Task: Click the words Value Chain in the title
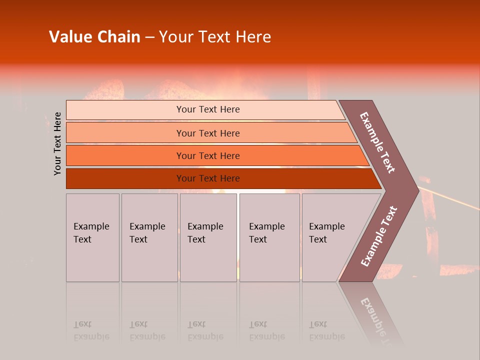click(x=94, y=37)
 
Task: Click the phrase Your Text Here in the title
click(x=215, y=37)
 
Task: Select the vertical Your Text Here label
click(x=57, y=143)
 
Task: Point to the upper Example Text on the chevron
click(x=377, y=142)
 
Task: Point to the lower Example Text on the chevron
click(x=379, y=236)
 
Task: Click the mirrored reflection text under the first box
click(x=91, y=330)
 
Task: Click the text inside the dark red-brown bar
click(x=208, y=178)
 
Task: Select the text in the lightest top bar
click(x=208, y=109)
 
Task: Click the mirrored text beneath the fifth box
click(x=326, y=330)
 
